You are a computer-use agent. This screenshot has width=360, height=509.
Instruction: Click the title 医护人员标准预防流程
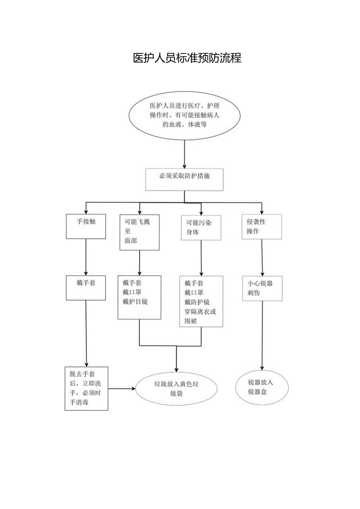point(187,58)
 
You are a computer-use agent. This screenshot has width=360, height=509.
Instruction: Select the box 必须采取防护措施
point(184,180)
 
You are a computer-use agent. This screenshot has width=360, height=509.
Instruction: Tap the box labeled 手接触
point(86,226)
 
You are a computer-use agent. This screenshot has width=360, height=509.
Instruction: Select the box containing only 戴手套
point(86,288)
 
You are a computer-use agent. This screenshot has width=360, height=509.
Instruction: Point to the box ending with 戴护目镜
point(139,297)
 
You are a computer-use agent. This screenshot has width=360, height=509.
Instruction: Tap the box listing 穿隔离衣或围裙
point(201,301)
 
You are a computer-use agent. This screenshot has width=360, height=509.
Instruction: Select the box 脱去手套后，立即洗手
point(86,388)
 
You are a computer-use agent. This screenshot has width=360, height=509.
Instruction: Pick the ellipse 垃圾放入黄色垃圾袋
point(176,389)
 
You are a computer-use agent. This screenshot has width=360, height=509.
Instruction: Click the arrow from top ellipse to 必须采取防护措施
point(184,154)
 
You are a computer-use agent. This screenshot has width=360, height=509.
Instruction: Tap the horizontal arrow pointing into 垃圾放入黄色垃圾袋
point(121,389)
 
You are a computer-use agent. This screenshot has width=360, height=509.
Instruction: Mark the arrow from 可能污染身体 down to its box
point(201,258)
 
